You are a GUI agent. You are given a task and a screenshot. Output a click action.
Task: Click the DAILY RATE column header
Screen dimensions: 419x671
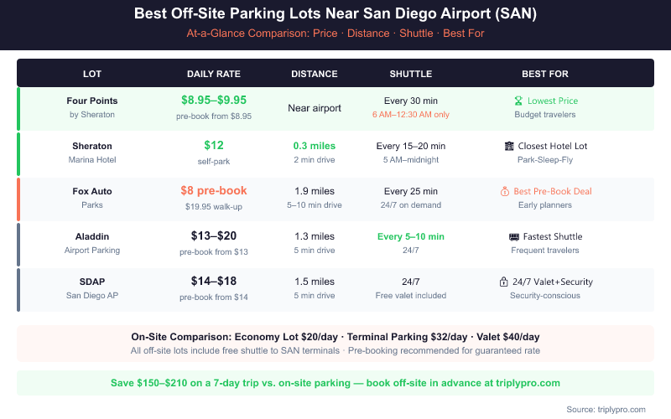(214, 73)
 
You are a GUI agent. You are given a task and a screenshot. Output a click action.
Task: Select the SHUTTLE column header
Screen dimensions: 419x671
(411, 73)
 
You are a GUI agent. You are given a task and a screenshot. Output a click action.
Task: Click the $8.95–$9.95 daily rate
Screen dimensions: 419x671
(214, 100)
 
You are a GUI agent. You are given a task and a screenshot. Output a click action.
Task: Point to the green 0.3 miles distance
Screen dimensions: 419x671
(315, 145)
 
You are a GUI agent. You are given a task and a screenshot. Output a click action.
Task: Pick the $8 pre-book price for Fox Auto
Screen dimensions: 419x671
(214, 190)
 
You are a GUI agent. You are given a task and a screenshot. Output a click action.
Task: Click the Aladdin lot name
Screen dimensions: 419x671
(92, 236)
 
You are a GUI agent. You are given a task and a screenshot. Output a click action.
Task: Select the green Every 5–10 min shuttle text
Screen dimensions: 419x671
(411, 236)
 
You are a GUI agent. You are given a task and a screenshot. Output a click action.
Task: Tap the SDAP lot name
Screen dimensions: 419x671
(92, 282)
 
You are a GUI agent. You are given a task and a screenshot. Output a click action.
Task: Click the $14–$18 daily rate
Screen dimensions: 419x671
(214, 281)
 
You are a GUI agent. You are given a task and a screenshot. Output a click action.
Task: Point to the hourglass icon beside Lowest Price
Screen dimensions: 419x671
(518, 101)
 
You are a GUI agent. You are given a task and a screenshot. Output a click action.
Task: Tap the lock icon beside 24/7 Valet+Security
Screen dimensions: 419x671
(503, 282)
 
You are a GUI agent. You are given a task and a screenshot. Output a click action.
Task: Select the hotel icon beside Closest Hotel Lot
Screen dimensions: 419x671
(509, 146)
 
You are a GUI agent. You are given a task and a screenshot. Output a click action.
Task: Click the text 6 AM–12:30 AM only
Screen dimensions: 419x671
(411, 115)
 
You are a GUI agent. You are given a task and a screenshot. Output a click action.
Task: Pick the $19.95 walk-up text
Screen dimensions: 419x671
(214, 205)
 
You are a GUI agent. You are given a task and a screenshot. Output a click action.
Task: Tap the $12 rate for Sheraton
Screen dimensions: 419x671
(214, 145)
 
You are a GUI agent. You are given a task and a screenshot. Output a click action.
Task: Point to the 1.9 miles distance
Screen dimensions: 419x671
(315, 191)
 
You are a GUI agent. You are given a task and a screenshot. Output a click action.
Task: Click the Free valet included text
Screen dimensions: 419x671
(411, 296)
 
